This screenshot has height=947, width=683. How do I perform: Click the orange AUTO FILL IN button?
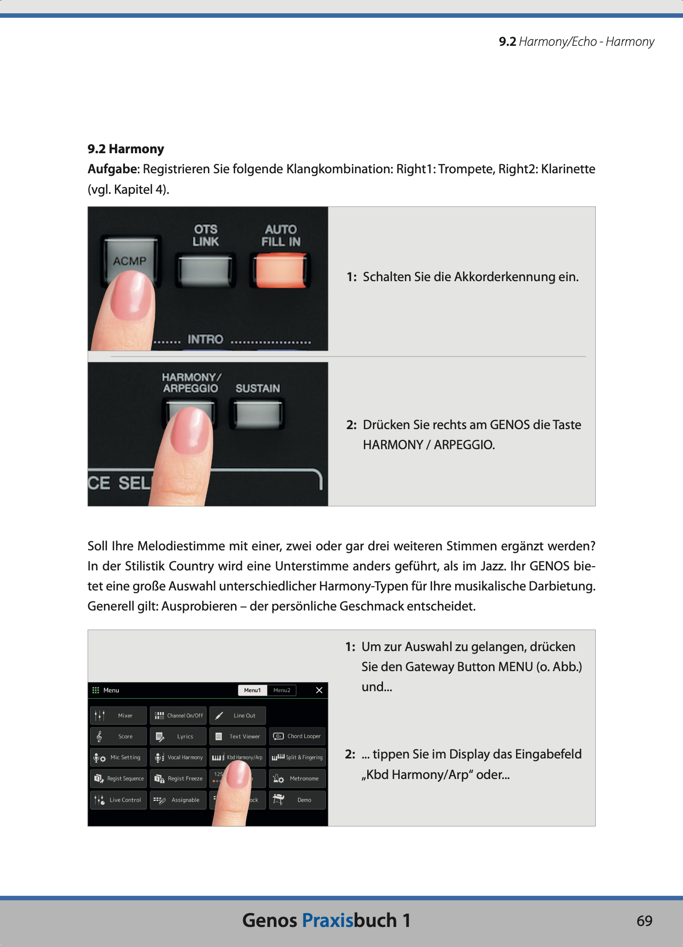[x=280, y=270]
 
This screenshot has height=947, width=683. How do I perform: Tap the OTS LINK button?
[x=205, y=270]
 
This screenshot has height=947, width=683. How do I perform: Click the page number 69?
[x=644, y=921]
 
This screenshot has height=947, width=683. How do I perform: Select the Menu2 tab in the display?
[x=281, y=690]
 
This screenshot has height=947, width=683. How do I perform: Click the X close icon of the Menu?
[x=319, y=690]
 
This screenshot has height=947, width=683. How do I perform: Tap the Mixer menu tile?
[x=118, y=716]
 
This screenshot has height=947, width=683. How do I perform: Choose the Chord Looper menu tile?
[x=297, y=736]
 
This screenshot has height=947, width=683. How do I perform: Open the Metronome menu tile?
[x=297, y=779]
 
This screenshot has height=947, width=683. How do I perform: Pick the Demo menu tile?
[x=297, y=800]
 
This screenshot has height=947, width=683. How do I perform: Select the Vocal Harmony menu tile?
[x=178, y=758]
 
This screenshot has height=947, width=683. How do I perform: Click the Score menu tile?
[x=118, y=737]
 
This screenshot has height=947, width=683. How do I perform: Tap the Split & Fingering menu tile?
[x=297, y=758]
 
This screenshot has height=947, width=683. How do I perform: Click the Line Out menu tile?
[x=238, y=716]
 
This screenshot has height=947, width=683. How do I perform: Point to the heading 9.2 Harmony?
[x=126, y=149]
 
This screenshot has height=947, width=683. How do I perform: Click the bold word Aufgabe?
[x=113, y=169]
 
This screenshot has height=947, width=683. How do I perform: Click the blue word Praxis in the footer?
[x=327, y=920]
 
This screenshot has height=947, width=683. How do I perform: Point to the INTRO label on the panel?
[x=205, y=339]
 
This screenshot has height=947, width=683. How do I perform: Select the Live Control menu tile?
[x=118, y=800]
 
